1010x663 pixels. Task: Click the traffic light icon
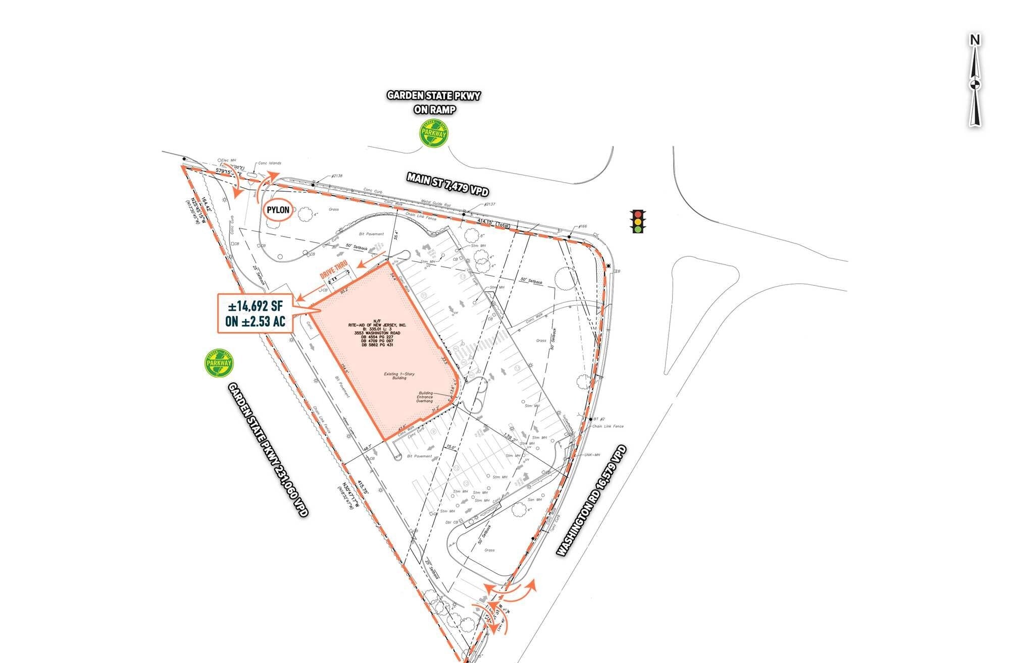tap(638, 222)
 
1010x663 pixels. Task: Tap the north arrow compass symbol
tap(975, 81)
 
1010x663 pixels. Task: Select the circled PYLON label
tap(278, 210)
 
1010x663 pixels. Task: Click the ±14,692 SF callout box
tap(255, 313)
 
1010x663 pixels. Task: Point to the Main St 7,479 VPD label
tap(448, 184)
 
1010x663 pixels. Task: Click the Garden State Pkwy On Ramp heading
tap(434, 102)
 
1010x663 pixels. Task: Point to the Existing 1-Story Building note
tap(399, 375)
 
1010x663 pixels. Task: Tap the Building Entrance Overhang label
tap(425, 397)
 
